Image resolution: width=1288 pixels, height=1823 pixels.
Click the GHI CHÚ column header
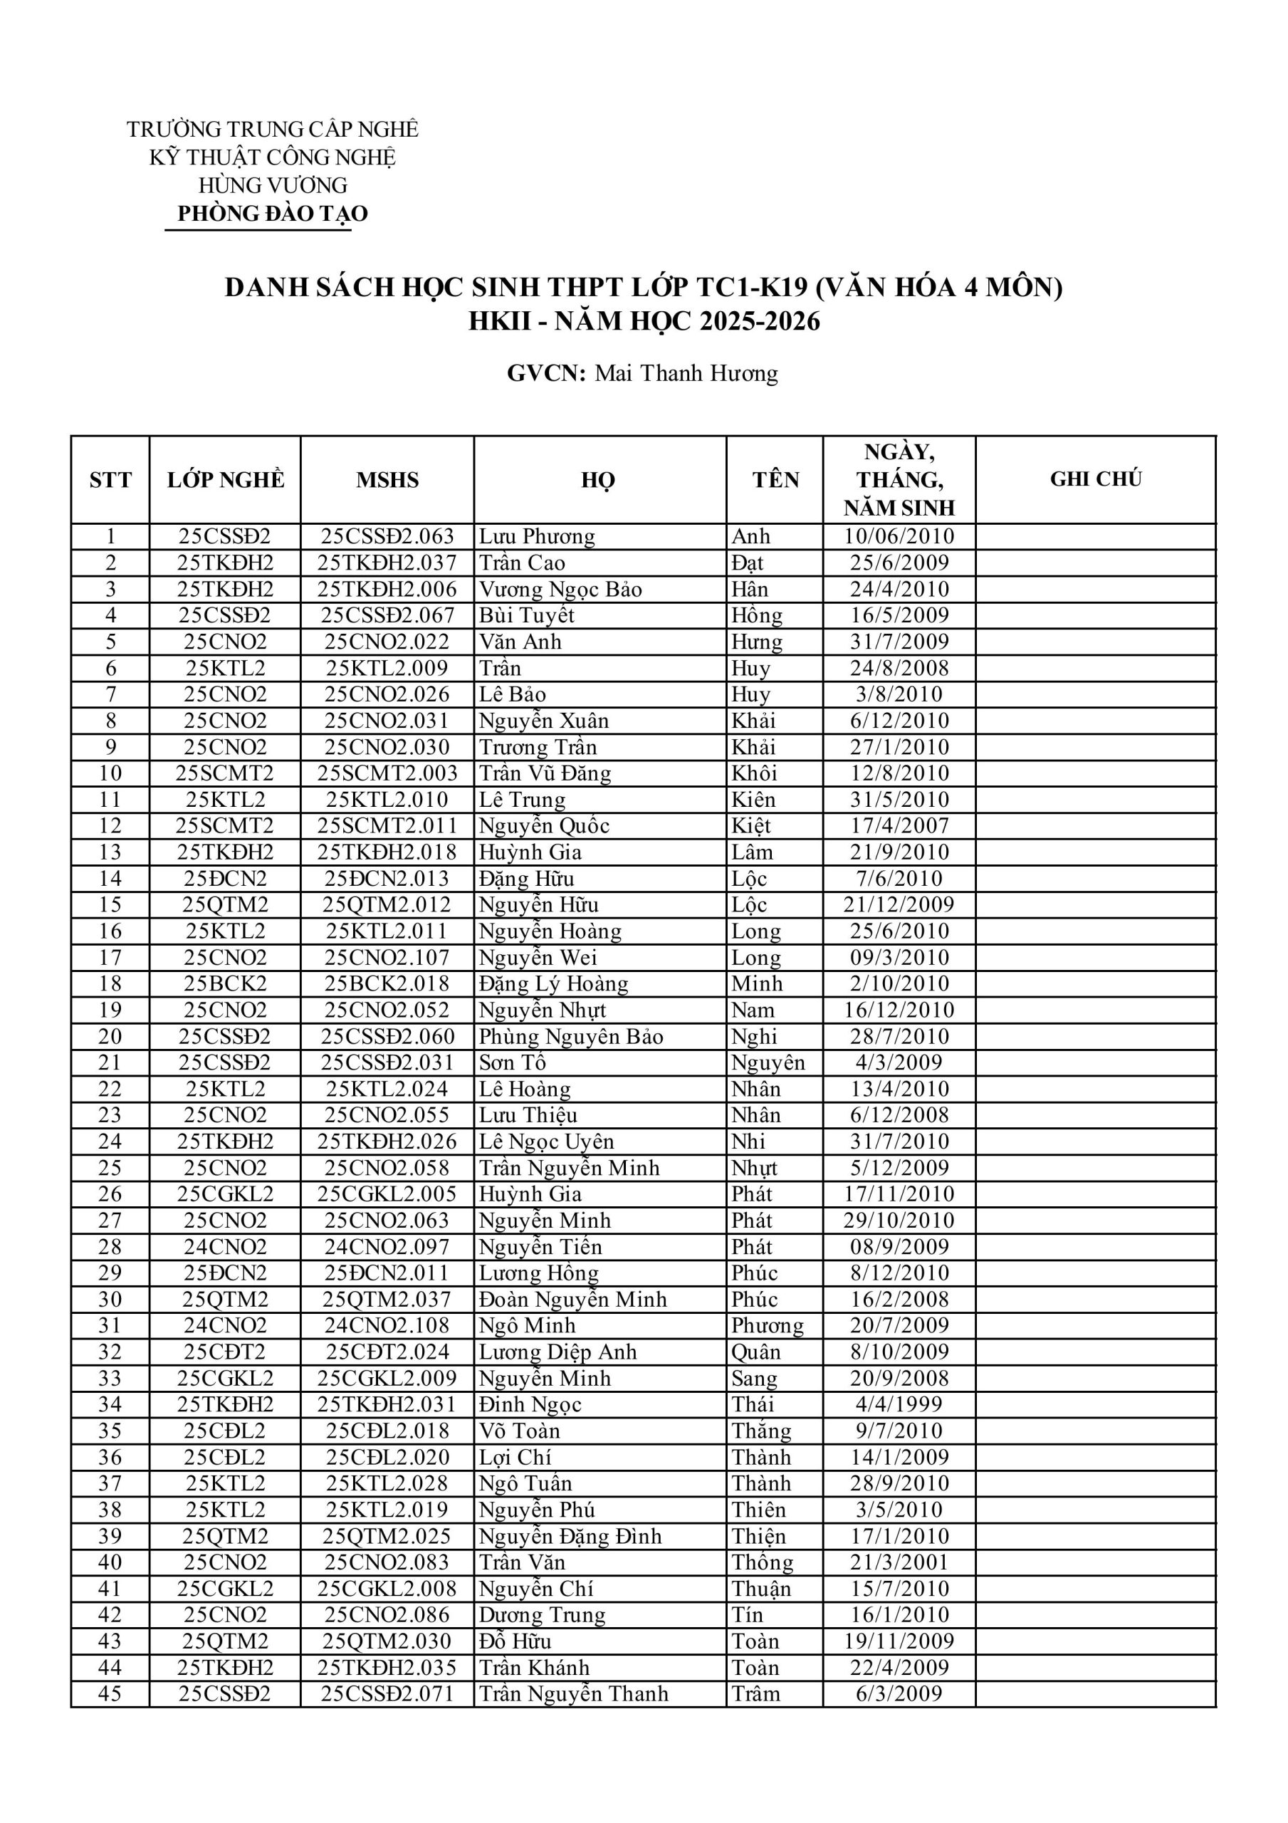pos(1095,479)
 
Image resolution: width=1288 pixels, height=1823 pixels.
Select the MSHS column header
pos(387,479)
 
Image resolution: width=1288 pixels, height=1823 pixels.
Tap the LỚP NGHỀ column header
pos(226,479)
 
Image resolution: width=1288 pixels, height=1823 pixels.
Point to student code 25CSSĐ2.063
pos(387,537)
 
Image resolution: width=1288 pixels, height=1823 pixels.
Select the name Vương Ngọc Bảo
pos(560,589)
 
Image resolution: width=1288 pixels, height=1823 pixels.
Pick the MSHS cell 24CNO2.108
pos(387,1325)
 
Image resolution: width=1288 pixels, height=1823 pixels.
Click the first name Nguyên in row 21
pos(767,1063)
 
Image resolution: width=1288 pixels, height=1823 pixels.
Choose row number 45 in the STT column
pos(110,1693)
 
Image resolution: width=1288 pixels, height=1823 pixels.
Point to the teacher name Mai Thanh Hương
pos(686,373)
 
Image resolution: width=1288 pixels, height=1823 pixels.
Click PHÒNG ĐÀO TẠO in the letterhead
pos(273,214)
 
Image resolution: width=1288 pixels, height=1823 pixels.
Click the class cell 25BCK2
pos(226,983)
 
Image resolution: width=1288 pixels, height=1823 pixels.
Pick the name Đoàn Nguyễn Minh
pos(572,1300)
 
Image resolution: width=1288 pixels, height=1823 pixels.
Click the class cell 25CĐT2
pos(226,1352)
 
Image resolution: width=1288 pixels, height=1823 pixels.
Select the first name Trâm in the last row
pos(755,1693)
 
